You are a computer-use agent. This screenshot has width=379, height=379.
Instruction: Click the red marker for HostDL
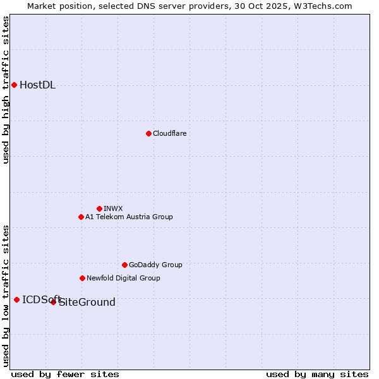pyautogui.click(x=14, y=85)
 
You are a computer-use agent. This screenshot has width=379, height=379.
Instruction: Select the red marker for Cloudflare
pyautogui.click(x=148, y=133)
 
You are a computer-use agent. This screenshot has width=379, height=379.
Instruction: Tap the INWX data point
pyautogui.click(x=99, y=208)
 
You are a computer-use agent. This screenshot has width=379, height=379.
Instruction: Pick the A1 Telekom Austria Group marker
pyautogui.click(x=81, y=217)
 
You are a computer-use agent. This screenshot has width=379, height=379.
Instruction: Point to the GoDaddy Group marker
pyautogui.click(x=124, y=265)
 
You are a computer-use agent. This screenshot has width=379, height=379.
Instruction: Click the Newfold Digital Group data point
pyautogui.click(x=82, y=278)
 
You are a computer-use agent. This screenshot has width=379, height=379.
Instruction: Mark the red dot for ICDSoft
pyautogui.click(x=16, y=299)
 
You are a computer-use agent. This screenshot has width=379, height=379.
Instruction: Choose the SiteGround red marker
pyautogui.click(x=53, y=302)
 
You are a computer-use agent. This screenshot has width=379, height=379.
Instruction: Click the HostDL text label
pyautogui.click(x=38, y=85)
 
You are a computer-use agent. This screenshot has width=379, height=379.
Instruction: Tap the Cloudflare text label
pyautogui.click(x=170, y=133)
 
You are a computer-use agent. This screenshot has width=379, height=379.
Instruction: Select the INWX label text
pyautogui.click(x=114, y=208)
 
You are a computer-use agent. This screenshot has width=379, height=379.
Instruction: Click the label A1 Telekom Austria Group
pyautogui.click(x=129, y=217)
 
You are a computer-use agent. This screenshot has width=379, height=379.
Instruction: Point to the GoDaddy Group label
pyautogui.click(x=155, y=265)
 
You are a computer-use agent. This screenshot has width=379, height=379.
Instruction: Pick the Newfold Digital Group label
pyautogui.click(x=123, y=278)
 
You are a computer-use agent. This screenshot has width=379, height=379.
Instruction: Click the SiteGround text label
pyautogui.click(x=87, y=303)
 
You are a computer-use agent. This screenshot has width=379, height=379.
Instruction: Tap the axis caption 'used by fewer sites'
pyautogui.click(x=65, y=374)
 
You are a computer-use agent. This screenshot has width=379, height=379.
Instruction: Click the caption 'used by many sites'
pyautogui.click(x=317, y=374)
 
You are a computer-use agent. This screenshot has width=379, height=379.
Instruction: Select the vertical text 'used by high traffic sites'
pyautogui.click(x=6, y=90)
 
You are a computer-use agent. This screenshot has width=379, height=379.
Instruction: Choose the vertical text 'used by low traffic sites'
pyautogui.click(x=6, y=296)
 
